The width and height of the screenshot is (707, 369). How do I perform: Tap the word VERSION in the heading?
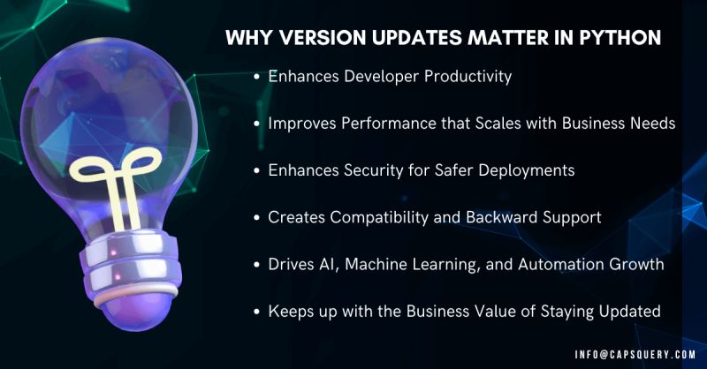click(310, 38)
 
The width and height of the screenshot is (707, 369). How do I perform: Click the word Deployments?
click(528, 170)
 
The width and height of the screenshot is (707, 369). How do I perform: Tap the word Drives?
click(289, 264)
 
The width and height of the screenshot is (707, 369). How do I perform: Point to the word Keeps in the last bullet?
click(290, 311)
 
